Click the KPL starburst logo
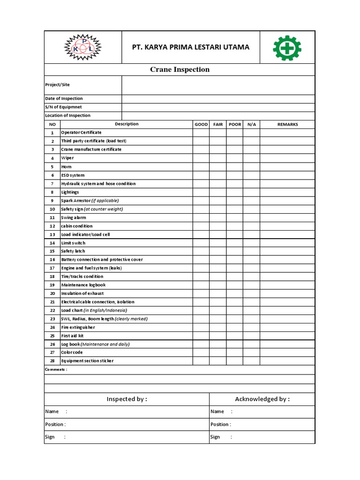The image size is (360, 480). click(x=82, y=47)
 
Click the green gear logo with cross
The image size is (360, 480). click(x=287, y=47)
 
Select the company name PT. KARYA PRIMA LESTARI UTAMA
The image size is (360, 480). click(x=190, y=47)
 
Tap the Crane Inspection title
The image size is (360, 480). click(x=180, y=69)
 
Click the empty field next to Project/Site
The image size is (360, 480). click(x=218, y=85)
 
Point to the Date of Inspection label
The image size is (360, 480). click(x=64, y=98)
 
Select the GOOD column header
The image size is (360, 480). click(x=201, y=124)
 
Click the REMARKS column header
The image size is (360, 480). click(x=287, y=124)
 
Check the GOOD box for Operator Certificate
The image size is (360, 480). click(x=201, y=133)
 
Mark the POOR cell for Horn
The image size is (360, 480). click(x=234, y=166)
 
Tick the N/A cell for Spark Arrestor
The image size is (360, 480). click(x=251, y=201)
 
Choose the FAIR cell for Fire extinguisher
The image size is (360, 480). click(x=218, y=327)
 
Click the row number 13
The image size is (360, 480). click(x=52, y=234)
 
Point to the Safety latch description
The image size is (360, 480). click(x=73, y=251)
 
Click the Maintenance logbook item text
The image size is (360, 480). click(x=83, y=285)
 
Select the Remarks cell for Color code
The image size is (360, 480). click(x=287, y=352)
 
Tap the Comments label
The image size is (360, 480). click(x=56, y=369)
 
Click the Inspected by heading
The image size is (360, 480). click(x=127, y=399)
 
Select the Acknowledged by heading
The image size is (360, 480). click(x=262, y=399)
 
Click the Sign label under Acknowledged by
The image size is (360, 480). click(x=215, y=437)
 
